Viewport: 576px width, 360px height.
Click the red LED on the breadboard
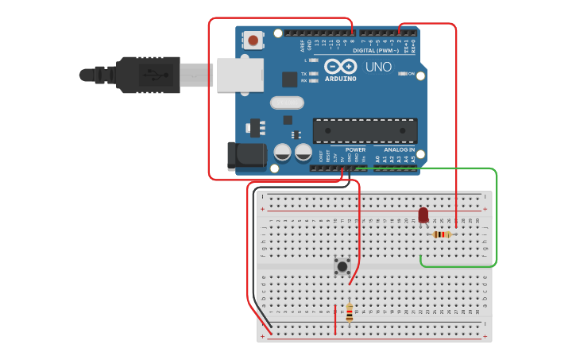pyautogui.click(x=423, y=215)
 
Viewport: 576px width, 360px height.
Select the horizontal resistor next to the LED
pyautogui.click(x=442, y=234)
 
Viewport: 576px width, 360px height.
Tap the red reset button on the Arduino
pyautogui.click(x=253, y=40)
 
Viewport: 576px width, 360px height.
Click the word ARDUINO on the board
pyautogui.click(x=340, y=78)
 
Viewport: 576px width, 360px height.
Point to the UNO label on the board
pyautogui.click(x=378, y=67)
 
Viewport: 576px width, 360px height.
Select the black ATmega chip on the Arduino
pyautogui.click(x=365, y=130)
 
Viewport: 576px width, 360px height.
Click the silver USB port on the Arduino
pyautogui.click(x=240, y=75)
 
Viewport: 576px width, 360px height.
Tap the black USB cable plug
pyautogui.click(x=148, y=75)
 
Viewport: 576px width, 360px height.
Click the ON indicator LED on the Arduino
pyautogui.click(x=401, y=74)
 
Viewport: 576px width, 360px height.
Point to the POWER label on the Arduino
pyautogui.click(x=355, y=149)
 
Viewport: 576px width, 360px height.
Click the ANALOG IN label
pyautogui.click(x=400, y=149)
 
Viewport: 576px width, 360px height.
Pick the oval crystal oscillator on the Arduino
pyautogui.click(x=287, y=103)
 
